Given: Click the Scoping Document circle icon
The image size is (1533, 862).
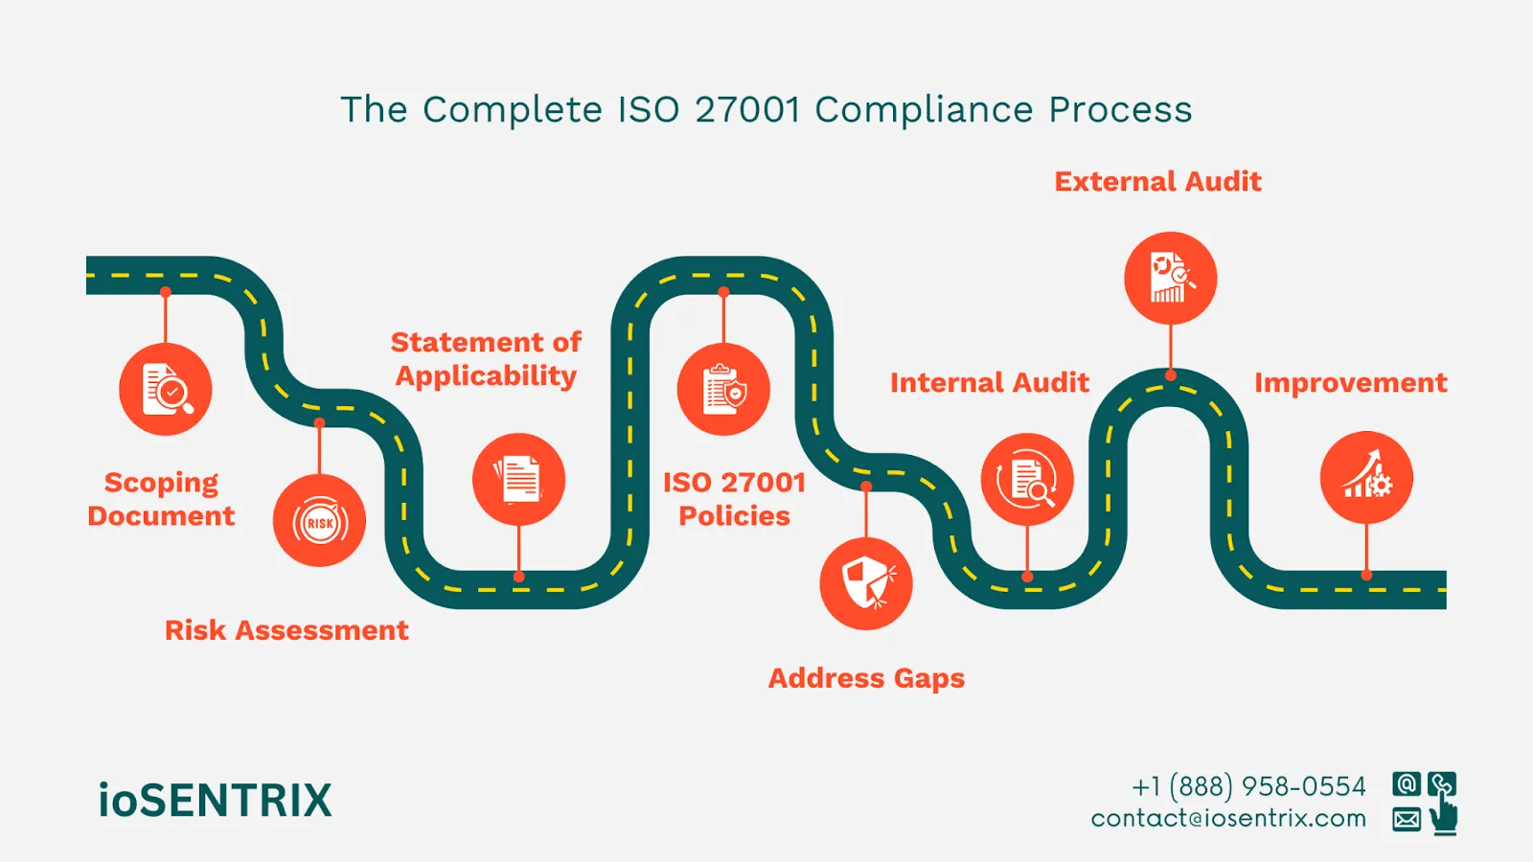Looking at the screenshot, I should click(166, 390).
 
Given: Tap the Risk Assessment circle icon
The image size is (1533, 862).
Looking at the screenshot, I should click(319, 521).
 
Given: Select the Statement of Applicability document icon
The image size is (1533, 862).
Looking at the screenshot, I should click(518, 479).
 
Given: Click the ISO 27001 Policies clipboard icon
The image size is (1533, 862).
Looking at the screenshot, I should click(723, 390).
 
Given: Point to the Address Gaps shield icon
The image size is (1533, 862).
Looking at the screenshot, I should click(866, 583).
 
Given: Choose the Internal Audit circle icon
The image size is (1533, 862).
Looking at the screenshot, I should click(1027, 479).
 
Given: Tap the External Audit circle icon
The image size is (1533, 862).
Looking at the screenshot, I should click(1170, 278).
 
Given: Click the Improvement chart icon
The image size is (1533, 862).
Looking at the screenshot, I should click(1366, 477).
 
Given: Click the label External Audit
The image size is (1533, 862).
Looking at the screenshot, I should click(1157, 182).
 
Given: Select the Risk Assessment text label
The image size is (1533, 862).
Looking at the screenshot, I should click(286, 630).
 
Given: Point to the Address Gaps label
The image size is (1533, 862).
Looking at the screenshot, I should click(866, 678).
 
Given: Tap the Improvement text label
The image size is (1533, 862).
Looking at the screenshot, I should click(1350, 383).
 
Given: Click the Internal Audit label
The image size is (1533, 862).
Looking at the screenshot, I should click(989, 383).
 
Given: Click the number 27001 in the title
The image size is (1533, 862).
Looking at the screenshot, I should click(747, 110).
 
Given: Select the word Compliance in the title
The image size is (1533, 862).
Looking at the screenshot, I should click(924, 110).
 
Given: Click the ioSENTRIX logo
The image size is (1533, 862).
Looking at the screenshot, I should click(216, 801).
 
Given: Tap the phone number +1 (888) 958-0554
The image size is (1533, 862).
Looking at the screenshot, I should click(1248, 786).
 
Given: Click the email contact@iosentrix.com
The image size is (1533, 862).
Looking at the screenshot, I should click(1228, 819).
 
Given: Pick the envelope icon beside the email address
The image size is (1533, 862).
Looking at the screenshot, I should click(1407, 819).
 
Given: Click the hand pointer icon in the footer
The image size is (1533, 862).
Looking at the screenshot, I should click(1443, 817).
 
